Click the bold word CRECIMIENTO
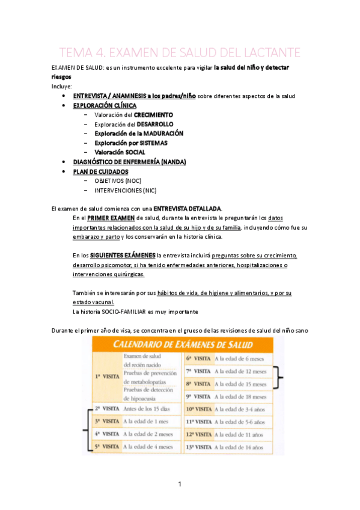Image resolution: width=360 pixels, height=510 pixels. click(153, 114)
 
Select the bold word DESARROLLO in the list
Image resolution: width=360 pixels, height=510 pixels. click(154, 124)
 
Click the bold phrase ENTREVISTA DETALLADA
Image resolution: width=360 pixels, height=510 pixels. click(188, 208)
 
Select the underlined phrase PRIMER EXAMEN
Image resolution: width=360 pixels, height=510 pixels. click(111, 218)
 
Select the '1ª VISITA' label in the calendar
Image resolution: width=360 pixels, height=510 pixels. click(107, 376)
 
